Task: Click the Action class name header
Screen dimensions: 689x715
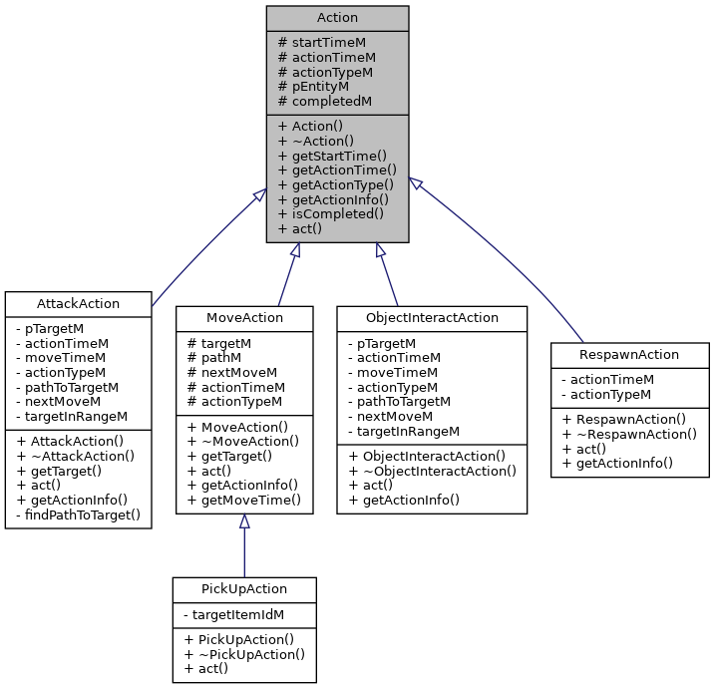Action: coord(337,18)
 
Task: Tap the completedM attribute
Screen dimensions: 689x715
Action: coord(325,101)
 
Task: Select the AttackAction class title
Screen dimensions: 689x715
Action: coord(78,304)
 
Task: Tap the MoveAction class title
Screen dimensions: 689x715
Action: coord(244,318)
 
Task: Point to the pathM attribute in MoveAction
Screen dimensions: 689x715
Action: coord(214,357)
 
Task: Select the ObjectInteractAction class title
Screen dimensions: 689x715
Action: coord(431,318)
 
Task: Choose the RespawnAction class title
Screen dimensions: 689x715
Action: coord(629,354)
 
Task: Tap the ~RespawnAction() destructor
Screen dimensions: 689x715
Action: coord(628,434)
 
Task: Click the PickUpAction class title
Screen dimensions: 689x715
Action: coord(244,589)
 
